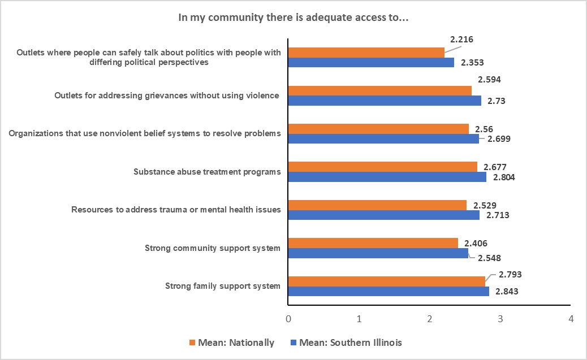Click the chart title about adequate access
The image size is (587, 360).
pos(293,18)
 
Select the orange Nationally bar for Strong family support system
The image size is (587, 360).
pos(387,281)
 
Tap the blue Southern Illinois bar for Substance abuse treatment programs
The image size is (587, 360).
pos(387,177)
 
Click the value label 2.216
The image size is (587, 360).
pos(461,40)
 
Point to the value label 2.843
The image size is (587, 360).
pos(507,292)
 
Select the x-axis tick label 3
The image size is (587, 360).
pos(500,319)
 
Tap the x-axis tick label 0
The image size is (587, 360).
pos(288,319)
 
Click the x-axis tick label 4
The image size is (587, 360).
pos(571,319)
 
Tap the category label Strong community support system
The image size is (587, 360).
pos(213,248)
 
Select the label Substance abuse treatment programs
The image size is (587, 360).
pos(207,172)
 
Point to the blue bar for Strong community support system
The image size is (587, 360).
pos(378,253)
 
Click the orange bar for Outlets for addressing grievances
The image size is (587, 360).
pos(380,91)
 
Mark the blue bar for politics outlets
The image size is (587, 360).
pos(372,62)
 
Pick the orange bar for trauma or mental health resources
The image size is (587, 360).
pos(378,205)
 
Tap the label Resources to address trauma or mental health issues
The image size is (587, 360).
pos(176,210)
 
